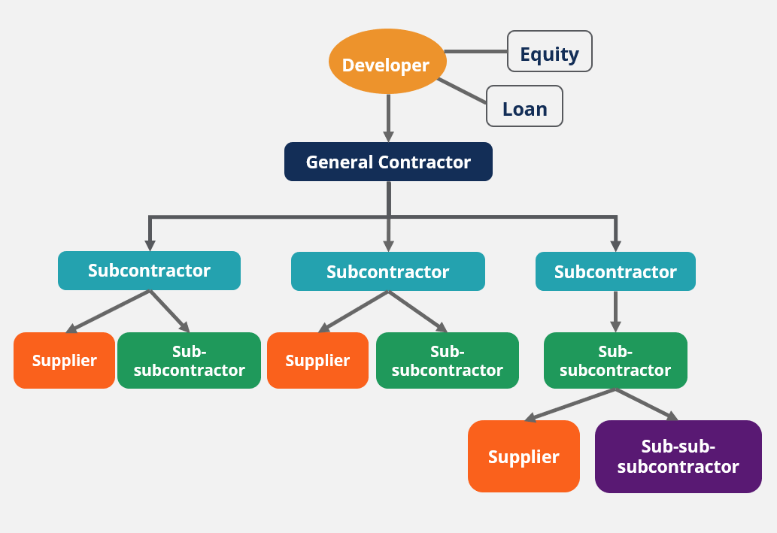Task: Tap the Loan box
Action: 524,106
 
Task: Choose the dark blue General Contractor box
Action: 388,162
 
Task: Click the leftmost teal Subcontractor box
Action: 149,271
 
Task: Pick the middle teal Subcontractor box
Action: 387,271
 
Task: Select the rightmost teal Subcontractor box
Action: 615,271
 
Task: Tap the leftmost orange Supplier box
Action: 64,360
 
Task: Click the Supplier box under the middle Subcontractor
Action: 317,360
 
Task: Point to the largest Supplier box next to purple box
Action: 524,456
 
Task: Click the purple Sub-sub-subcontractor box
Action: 678,456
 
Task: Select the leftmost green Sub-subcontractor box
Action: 189,360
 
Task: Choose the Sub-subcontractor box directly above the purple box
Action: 615,360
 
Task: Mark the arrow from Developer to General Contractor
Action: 388,117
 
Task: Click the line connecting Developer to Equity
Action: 476,52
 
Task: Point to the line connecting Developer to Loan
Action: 463,90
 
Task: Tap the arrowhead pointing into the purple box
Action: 672,416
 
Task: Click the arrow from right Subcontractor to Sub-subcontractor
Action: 615,310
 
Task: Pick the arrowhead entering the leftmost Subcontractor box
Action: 150,245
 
